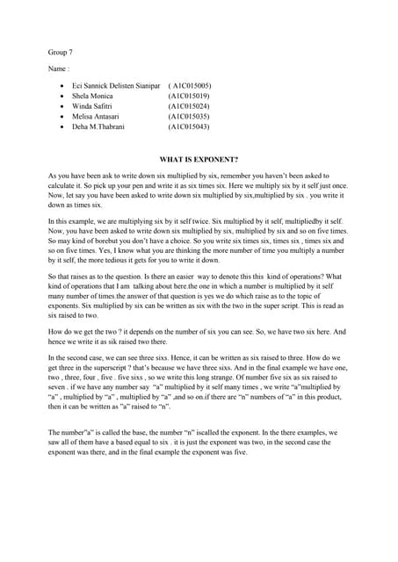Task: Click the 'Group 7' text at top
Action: click(60, 52)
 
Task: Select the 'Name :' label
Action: click(59, 68)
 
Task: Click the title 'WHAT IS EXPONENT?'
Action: click(199, 161)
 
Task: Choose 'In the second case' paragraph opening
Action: click(77, 358)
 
